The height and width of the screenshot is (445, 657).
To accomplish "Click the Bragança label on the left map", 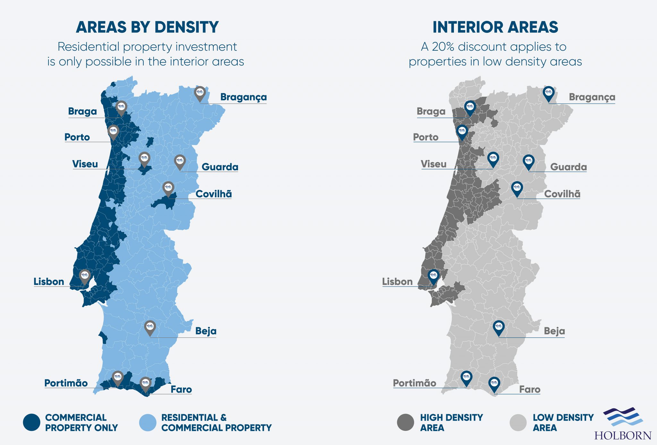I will pyautogui.click(x=243, y=97).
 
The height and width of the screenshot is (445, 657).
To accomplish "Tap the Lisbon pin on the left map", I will pyautogui.click(x=85, y=276).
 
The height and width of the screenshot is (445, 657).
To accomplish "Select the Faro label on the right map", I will pyautogui.click(x=530, y=389).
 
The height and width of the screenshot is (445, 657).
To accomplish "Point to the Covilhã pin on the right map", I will pyautogui.click(x=517, y=188).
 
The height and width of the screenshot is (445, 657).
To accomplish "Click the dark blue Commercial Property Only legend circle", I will pyautogui.click(x=32, y=422).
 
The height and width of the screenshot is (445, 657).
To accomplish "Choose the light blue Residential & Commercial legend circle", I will pyautogui.click(x=148, y=422).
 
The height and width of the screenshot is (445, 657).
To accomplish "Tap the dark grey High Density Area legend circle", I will pyautogui.click(x=405, y=422).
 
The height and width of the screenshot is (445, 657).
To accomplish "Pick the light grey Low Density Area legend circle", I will pyautogui.click(x=518, y=422).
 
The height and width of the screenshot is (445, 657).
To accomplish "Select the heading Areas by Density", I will pyautogui.click(x=147, y=27).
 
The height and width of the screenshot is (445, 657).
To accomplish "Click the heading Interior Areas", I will pyautogui.click(x=495, y=27).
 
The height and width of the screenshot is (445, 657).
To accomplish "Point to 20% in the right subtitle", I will pyautogui.click(x=443, y=47).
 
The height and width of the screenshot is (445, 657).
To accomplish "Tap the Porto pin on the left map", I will pyautogui.click(x=113, y=131).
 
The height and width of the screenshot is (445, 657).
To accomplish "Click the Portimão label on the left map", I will pyautogui.click(x=66, y=383).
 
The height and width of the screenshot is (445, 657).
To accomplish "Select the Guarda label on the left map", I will pyautogui.click(x=220, y=167).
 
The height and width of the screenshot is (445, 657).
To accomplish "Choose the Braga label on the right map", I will pyautogui.click(x=431, y=111).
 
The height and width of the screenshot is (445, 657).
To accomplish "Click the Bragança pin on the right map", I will pyautogui.click(x=549, y=92).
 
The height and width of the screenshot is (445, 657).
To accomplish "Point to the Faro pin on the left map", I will pyautogui.click(x=145, y=383).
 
